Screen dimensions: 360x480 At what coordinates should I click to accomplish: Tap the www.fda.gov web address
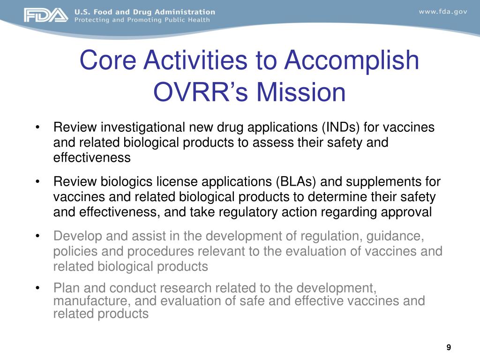(x=442, y=12)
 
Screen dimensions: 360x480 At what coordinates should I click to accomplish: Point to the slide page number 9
(x=449, y=347)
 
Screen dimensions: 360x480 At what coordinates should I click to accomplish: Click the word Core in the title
(x=109, y=60)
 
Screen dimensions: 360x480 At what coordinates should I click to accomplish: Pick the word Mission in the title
(x=297, y=92)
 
